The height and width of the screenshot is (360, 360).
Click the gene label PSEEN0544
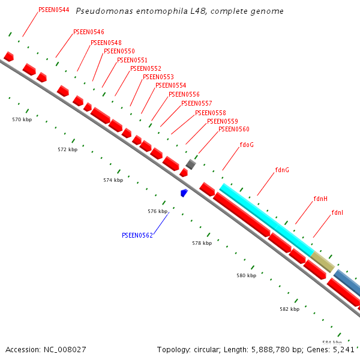(x=53, y=10)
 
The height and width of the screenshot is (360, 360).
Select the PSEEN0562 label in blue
(x=137, y=235)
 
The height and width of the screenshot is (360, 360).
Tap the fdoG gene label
(x=247, y=145)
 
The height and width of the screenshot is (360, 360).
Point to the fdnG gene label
(x=282, y=170)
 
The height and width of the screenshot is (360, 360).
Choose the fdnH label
(x=320, y=199)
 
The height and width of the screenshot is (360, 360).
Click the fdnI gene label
(x=337, y=212)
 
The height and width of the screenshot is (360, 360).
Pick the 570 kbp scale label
(x=22, y=120)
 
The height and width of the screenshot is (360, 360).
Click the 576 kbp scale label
(x=158, y=211)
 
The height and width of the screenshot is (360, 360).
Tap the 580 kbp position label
(x=246, y=275)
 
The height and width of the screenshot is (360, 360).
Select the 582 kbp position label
(x=289, y=309)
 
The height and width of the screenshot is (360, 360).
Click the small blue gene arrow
(x=184, y=193)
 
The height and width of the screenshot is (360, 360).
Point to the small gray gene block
(x=191, y=164)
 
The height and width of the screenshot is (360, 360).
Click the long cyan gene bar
(x=266, y=218)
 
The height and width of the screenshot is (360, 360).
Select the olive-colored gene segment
(x=323, y=262)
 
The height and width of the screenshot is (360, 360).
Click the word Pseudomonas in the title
(x=104, y=11)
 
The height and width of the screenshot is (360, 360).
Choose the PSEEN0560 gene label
(x=234, y=130)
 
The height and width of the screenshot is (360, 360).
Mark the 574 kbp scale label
(x=113, y=180)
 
